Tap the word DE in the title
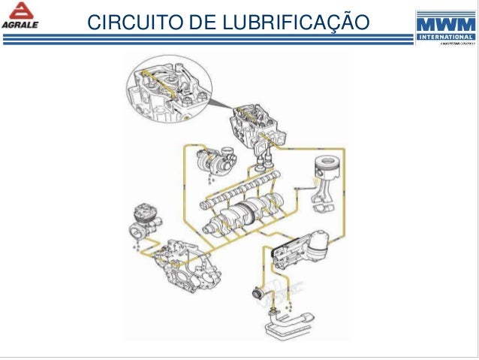click(x=198, y=23)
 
